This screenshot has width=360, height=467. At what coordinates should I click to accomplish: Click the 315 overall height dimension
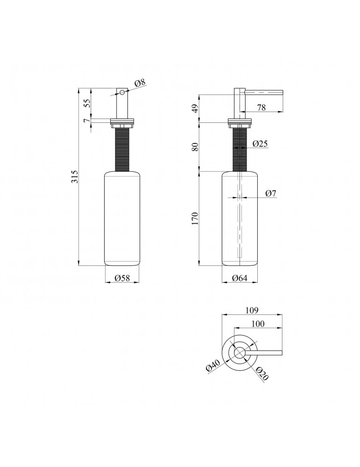coord(76,177)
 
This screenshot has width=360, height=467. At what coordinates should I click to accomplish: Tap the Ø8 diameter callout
coord(140,83)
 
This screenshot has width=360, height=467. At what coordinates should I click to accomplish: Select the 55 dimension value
coord(86,103)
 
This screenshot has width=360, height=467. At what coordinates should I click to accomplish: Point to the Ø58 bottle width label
coord(122,278)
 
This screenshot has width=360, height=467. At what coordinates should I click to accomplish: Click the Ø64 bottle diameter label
coord(240,278)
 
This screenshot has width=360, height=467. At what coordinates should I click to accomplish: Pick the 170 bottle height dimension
coord(195,218)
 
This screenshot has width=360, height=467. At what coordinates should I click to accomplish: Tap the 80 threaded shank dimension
coord(195,147)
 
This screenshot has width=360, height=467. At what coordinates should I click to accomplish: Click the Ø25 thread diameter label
coord(260,144)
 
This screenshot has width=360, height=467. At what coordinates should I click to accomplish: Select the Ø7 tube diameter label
coord(271,194)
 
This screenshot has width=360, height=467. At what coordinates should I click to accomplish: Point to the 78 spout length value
coord(261,107)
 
